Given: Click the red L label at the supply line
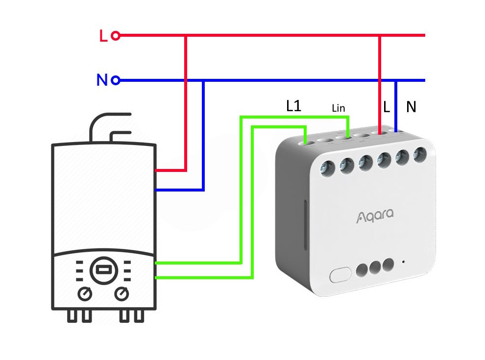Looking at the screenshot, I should click(103, 36).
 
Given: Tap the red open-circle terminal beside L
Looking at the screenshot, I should click(116, 35).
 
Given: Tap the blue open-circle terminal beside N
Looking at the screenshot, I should click(116, 80).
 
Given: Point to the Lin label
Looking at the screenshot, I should click(339, 108).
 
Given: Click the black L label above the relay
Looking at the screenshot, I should click(387, 108).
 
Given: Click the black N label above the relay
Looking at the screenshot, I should click(411, 108).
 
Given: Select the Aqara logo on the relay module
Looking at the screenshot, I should click(375, 216).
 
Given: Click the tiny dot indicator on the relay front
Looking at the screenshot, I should click(403, 262).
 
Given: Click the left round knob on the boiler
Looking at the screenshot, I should click(86, 294).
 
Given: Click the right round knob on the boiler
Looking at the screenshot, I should click(121, 294).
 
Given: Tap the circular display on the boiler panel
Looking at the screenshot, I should click(103, 269).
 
